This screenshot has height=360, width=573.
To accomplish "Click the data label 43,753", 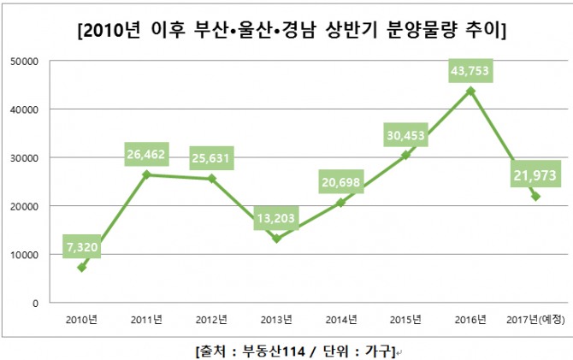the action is click(470, 70).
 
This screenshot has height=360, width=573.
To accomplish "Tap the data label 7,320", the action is click(82, 247).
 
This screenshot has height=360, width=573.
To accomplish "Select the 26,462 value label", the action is click(146, 154).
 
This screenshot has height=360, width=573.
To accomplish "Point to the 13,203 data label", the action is click(276, 218).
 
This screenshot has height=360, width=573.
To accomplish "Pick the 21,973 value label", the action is click(535, 175).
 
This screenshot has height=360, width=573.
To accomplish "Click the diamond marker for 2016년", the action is click(470, 91).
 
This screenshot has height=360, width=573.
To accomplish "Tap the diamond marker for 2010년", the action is click(82, 268).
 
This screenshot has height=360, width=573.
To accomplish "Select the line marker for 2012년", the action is click(211, 179).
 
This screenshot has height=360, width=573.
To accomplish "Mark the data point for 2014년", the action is click(341, 203).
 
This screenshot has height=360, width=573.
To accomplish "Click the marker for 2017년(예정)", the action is click(535, 197).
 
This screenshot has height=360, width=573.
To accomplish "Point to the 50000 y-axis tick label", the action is click(25, 62).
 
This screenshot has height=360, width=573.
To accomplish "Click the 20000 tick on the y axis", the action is click(25, 206).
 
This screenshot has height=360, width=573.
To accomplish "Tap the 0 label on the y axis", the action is click(35, 304).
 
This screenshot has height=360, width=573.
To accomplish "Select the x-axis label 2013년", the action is click(276, 320).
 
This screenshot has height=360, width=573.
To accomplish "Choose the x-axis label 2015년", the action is click(405, 320).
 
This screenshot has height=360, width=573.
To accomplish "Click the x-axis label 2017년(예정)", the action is click(535, 320).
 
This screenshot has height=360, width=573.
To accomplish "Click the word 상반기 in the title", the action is click(351, 30).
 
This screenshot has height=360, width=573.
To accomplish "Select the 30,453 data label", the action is click(405, 135).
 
